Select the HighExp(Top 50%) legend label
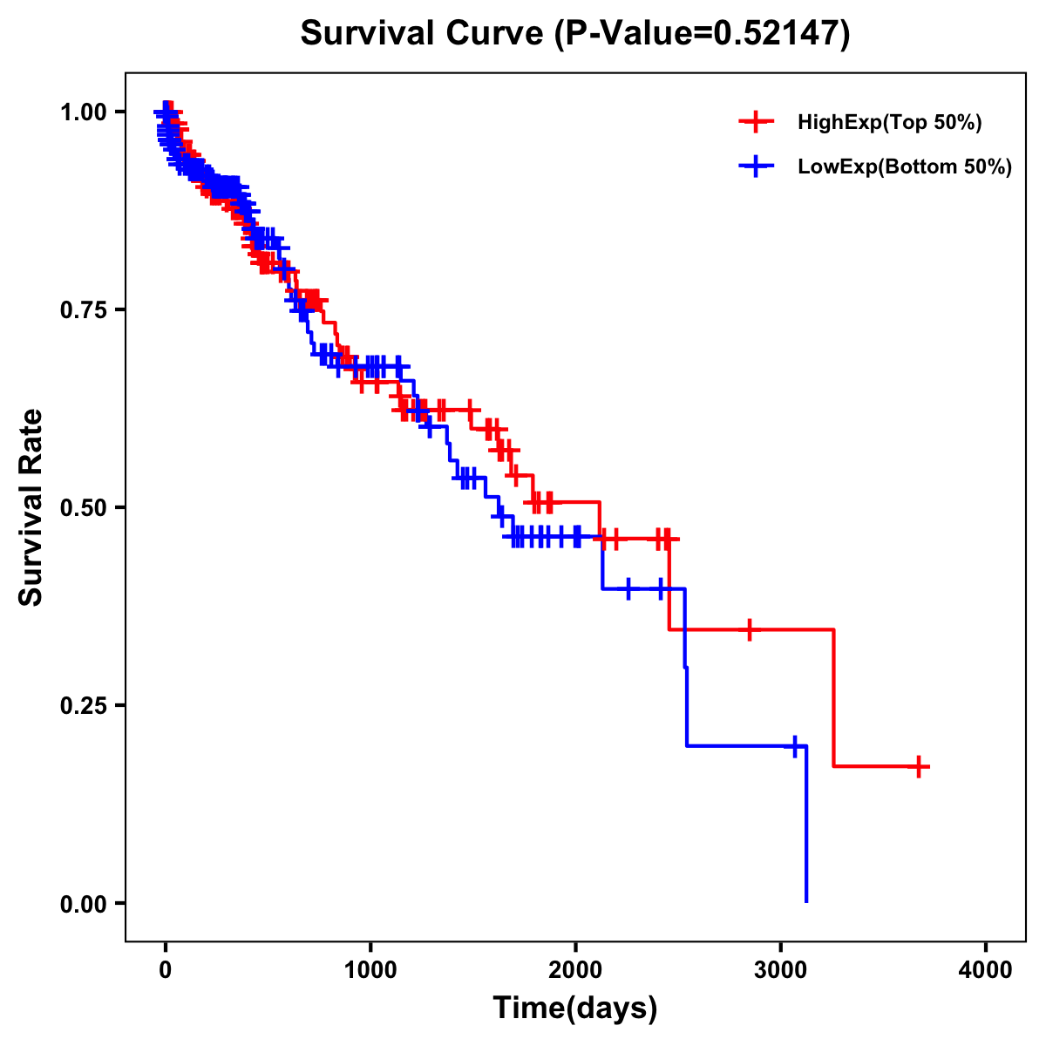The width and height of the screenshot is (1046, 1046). pyautogui.click(x=890, y=123)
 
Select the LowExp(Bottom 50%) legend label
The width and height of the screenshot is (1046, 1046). pyautogui.click(x=905, y=166)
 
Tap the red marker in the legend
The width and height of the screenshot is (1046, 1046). pyautogui.click(x=756, y=122)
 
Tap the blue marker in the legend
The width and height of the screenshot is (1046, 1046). pyautogui.click(x=756, y=166)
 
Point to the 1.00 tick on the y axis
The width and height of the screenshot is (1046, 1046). pyautogui.click(x=83, y=112)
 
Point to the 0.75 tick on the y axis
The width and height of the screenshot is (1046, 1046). pyautogui.click(x=83, y=309)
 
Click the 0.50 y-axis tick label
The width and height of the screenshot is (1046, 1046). pyautogui.click(x=83, y=507)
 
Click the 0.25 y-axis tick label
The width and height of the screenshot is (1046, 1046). pyautogui.click(x=83, y=705)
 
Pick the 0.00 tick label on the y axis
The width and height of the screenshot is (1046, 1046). pyautogui.click(x=83, y=903)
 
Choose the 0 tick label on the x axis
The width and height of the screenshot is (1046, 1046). pyautogui.click(x=165, y=970)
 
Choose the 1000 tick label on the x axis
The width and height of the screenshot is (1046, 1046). pyautogui.click(x=370, y=970)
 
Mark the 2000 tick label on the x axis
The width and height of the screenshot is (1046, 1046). pyautogui.click(x=575, y=970)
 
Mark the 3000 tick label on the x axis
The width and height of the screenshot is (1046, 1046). pyautogui.click(x=781, y=970)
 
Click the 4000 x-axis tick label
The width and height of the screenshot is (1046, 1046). pyautogui.click(x=986, y=970)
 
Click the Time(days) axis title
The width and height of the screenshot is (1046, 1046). pyautogui.click(x=575, y=1009)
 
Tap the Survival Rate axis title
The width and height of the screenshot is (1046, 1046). pyautogui.click(x=31, y=506)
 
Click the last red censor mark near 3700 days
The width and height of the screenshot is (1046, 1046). pyautogui.click(x=919, y=767)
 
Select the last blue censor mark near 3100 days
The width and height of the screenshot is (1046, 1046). pyautogui.click(x=794, y=746)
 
